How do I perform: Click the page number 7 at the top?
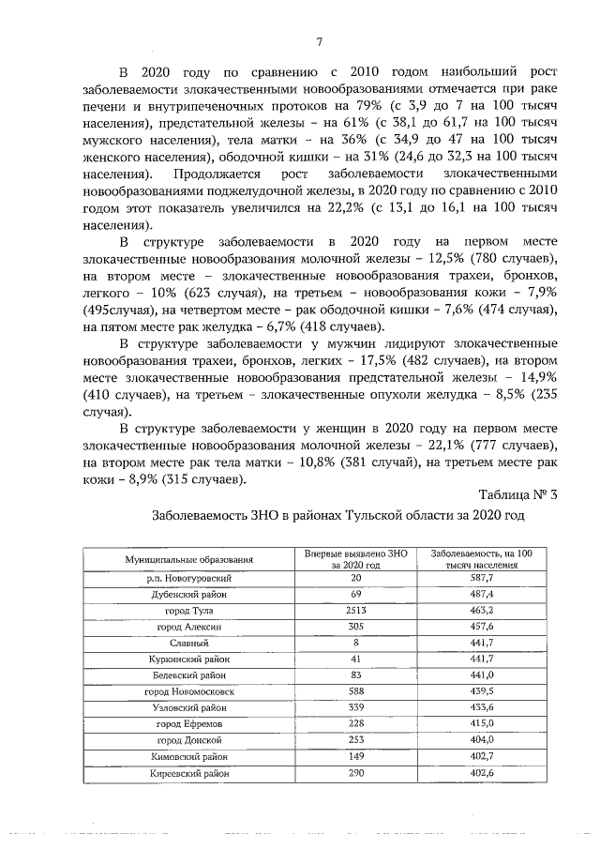click(x=319, y=41)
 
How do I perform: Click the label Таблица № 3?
click(x=517, y=495)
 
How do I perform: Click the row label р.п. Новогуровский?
click(x=189, y=579)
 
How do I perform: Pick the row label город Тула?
click(x=189, y=610)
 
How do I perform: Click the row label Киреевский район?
click(x=189, y=773)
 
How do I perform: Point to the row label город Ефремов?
click(x=189, y=724)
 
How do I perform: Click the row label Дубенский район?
click(x=189, y=595)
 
